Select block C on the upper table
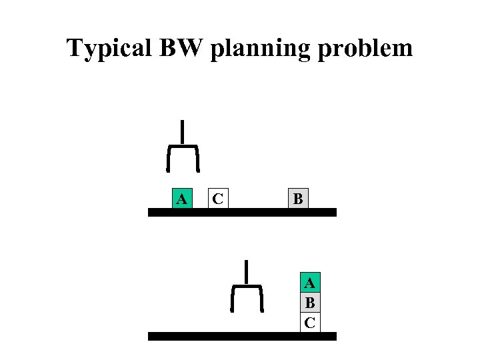pyautogui.click(x=217, y=199)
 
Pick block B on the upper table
pyautogui.click(x=298, y=199)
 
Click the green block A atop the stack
pyautogui.click(x=310, y=283)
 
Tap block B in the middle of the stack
pyautogui.click(x=310, y=303)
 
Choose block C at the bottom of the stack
pyautogui.click(x=310, y=323)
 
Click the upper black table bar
pyautogui.click(x=242, y=213)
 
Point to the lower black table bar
pyautogui.click(x=242, y=337)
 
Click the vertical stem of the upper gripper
pyautogui.click(x=182, y=131)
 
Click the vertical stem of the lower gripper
pyautogui.click(x=247, y=271)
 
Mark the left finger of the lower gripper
pyautogui.click(x=233, y=299)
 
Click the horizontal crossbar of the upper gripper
pyautogui.click(x=182, y=145)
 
